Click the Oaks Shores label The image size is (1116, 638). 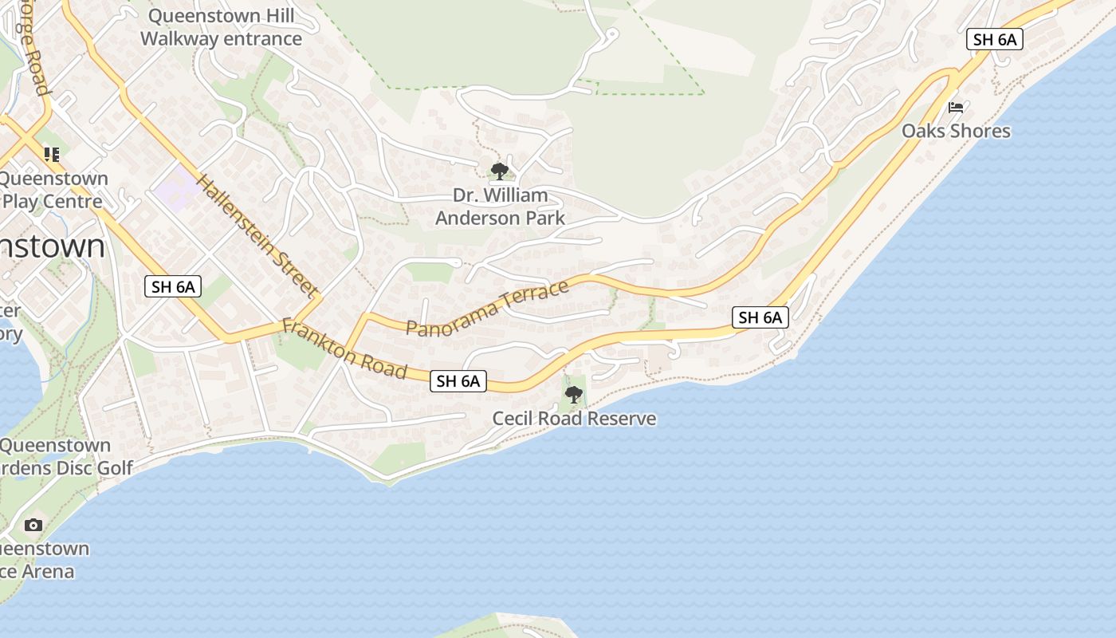pos(956,131)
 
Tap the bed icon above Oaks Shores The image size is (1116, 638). pos(956,107)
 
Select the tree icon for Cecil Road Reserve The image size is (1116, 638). pos(573,394)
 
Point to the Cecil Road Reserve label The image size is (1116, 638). pos(574,419)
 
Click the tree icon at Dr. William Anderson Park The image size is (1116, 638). pos(500,171)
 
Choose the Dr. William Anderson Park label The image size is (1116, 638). pos(500,207)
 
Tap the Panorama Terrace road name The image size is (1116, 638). pos(487,307)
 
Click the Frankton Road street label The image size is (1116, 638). pos(344,349)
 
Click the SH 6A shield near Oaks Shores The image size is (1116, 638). pos(994,39)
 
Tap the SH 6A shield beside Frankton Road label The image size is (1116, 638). pos(458,381)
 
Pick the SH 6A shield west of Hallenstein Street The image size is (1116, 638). pos(173,287)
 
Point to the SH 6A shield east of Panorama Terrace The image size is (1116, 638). pos(760,317)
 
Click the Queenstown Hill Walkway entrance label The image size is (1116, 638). pos(221,27)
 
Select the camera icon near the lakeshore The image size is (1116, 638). pos(33,525)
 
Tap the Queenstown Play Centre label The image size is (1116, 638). pos(53,190)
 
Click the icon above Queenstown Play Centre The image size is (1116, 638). pos(52,154)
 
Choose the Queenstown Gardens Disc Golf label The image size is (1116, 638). pos(64,457)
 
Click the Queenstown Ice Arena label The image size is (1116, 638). pos(40,560)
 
